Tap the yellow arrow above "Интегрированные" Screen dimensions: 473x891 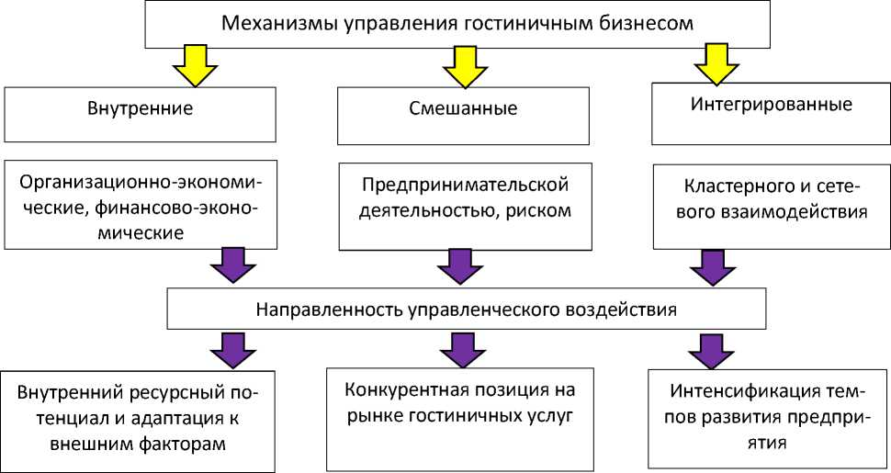point(716,64)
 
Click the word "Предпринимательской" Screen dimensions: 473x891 point(462,186)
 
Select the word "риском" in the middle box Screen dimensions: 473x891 point(540,210)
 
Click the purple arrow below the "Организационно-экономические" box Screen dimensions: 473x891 point(232,265)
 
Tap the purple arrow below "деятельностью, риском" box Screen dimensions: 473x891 point(458,266)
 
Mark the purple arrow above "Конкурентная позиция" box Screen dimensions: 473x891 point(458,350)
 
